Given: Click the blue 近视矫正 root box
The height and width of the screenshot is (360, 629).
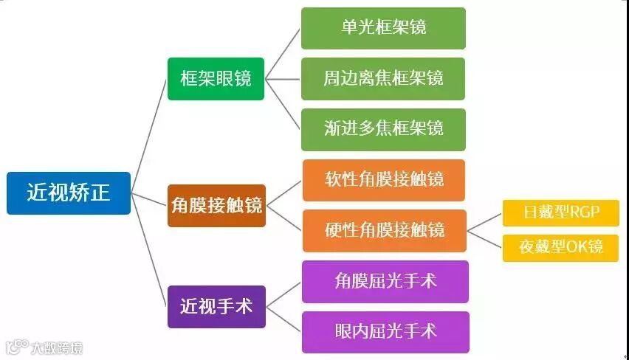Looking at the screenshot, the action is [x=69, y=193].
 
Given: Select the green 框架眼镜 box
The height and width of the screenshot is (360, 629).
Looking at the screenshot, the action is [x=216, y=78].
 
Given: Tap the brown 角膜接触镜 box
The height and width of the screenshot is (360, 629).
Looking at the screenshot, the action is [x=216, y=205].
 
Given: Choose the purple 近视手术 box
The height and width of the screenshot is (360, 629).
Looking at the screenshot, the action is [x=216, y=306].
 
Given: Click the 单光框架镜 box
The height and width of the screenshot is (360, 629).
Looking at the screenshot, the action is [x=383, y=28].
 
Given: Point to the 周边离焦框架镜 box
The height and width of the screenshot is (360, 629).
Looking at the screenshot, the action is [x=383, y=78].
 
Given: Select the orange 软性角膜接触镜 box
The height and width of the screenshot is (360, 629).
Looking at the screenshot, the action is [x=384, y=180].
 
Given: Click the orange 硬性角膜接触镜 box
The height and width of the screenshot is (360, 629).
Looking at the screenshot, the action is [x=384, y=230].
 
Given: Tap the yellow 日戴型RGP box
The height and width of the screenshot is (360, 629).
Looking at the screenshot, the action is [x=560, y=213].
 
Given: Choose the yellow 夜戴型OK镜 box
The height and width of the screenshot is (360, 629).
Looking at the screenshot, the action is [x=560, y=247].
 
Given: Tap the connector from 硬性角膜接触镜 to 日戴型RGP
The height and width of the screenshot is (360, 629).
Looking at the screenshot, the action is [x=485, y=222].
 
